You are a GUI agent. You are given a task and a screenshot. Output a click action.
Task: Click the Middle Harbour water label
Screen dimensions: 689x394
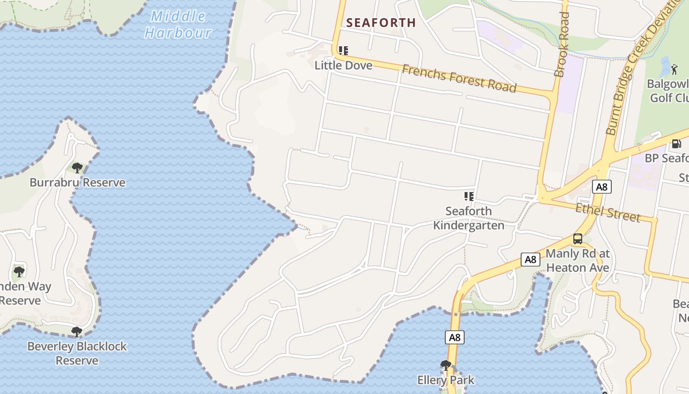pos(178,25)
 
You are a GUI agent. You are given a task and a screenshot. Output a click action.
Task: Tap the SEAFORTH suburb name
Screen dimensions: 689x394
pos(381,23)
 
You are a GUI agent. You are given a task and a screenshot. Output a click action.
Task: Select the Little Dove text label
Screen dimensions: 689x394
pos(344,65)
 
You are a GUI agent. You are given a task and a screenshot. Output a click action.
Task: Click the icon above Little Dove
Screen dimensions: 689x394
pos(344,50)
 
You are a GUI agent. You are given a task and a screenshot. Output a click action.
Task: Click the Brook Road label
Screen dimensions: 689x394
pos(562,44)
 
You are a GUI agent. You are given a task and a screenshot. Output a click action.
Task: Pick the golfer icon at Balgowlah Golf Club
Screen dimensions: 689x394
pos(674,69)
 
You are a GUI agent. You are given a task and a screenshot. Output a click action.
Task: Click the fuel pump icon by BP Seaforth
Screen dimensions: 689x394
pos(677,144)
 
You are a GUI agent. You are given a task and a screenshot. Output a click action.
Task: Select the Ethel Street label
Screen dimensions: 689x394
pos(608,212)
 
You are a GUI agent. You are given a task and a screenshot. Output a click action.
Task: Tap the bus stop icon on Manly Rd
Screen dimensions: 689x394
pos(578,239)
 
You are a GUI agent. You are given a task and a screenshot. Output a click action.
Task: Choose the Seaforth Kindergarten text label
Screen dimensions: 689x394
pos(469,218)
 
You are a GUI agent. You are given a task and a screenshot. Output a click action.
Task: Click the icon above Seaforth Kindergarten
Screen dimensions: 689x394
pos(469,197)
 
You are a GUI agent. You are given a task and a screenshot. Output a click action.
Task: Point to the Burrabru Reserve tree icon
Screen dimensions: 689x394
pos(77,168)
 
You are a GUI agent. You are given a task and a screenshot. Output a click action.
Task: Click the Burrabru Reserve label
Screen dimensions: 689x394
pos(77,183)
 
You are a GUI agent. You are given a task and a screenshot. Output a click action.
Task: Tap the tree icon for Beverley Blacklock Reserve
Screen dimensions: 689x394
pos(76,331)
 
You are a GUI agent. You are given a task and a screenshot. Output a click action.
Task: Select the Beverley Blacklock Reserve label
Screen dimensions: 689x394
pos(77,353)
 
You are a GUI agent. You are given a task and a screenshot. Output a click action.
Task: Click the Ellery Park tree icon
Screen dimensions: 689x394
pos(446,365)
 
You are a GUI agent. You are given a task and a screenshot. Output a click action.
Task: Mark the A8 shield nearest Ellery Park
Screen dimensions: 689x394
pos(455,337)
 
